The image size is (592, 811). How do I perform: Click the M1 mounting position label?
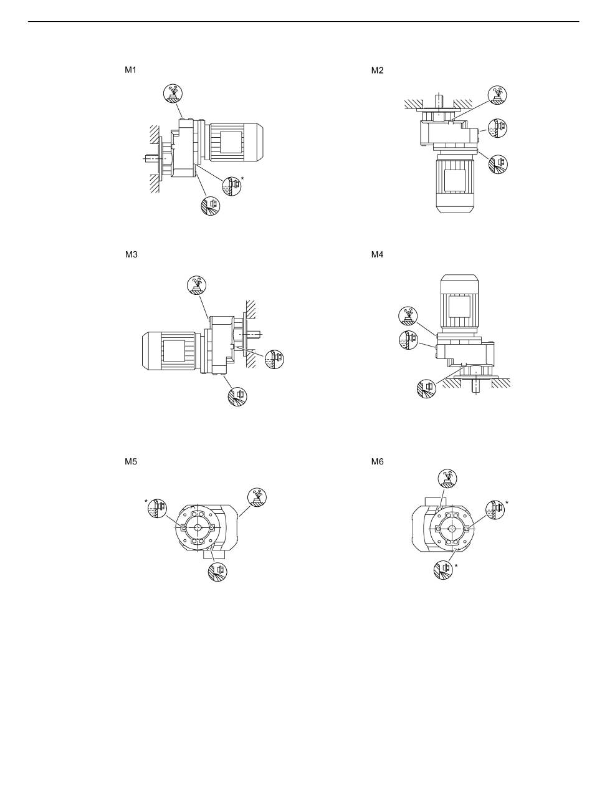(x=130, y=70)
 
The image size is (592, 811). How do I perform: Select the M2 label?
(x=377, y=70)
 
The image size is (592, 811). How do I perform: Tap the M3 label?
(x=131, y=254)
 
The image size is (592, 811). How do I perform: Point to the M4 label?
(x=377, y=254)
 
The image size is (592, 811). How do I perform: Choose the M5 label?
(x=131, y=462)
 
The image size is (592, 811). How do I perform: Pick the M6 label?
(x=377, y=462)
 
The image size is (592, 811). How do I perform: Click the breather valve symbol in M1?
(x=173, y=93)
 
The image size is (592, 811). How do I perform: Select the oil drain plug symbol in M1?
(x=210, y=206)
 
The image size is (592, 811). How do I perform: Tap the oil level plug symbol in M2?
(x=497, y=128)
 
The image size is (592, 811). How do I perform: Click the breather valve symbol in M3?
(x=197, y=286)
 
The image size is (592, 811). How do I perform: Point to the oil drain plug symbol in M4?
(x=426, y=388)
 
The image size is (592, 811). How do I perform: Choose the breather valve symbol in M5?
(x=257, y=497)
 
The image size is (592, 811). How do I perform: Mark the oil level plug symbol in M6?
(x=495, y=510)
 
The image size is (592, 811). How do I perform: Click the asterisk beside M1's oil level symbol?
(x=242, y=178)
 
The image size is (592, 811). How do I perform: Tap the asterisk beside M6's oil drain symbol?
(x=456, y=566)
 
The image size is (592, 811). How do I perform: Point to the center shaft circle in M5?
(x=198, y=528)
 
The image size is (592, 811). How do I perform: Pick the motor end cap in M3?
(x=150, y=351)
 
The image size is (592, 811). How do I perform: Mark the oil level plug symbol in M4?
(x=408, y=340)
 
